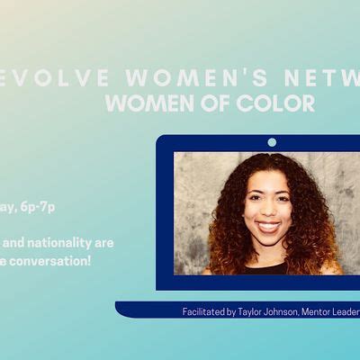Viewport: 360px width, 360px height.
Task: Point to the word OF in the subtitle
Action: (x=218, y=103)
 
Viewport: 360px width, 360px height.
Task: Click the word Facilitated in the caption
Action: (x=206, y=311)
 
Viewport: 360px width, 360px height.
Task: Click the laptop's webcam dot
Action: (x=271, y=142)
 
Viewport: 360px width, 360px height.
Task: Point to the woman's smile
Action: (x=268, y=227)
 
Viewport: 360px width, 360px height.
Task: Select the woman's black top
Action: (x=266, y=267)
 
